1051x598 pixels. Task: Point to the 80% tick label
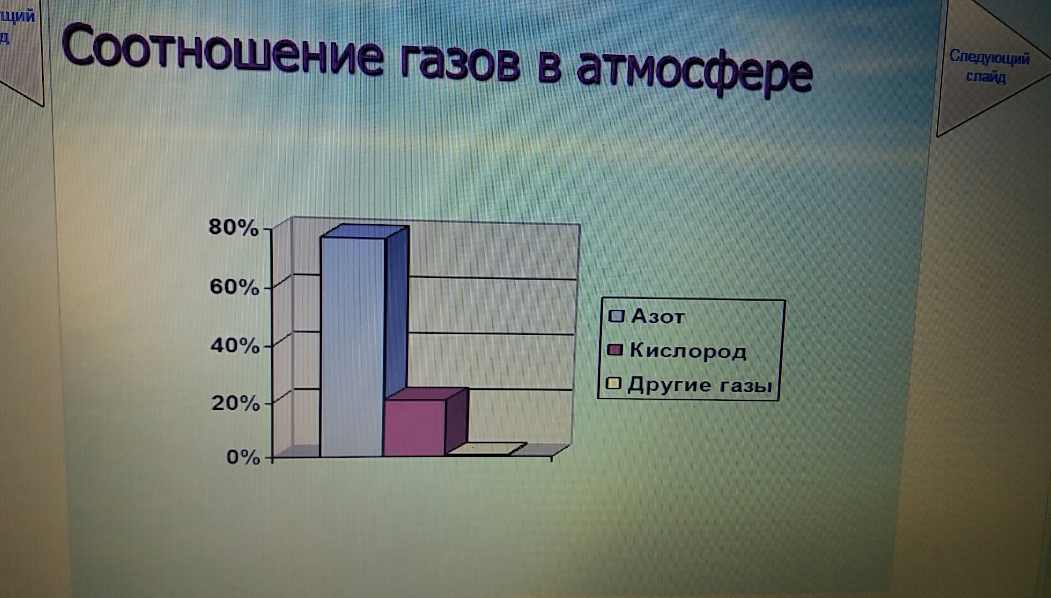tap(233, 228)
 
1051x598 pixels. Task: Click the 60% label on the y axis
tap(234, 287)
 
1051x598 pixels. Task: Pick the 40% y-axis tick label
tap(234, 346)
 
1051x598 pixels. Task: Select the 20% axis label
tap(235, 403)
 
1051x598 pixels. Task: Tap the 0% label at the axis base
tap(243, 457)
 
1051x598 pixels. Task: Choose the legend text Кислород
tap(688, 352)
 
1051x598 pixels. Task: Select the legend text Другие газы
tap(700, 385)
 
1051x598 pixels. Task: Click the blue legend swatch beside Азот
tap(616, 316)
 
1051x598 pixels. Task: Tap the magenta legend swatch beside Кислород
tap(615, 350)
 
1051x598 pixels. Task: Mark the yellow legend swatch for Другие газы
tap(614, 384)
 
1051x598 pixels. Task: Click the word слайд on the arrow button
tap(986, 76)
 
